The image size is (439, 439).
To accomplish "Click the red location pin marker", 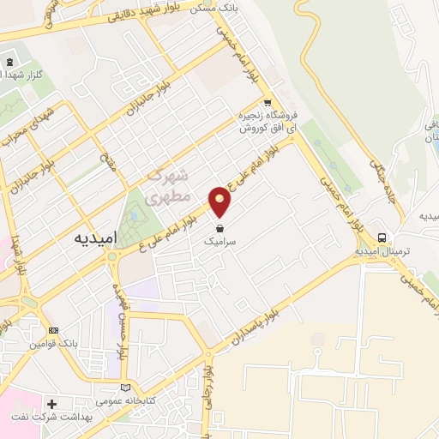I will coord(221,201).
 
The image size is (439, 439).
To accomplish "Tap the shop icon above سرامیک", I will coord(222,230).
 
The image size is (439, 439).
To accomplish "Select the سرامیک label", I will coord(222,244).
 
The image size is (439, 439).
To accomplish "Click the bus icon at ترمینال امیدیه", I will coord(382,238).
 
